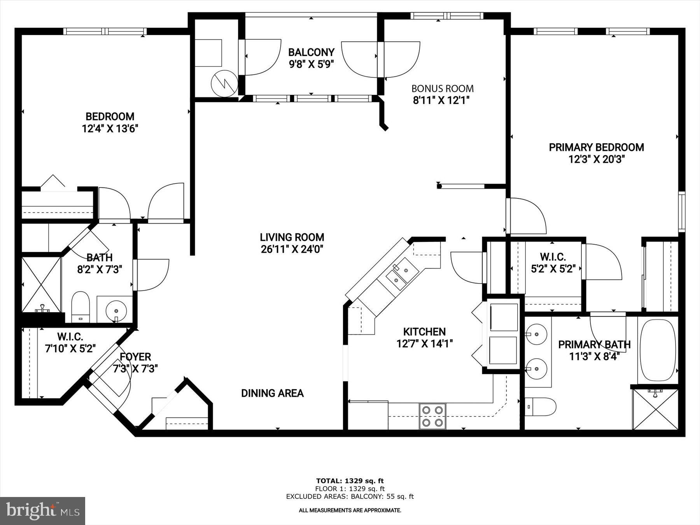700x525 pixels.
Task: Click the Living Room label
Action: tap(292, 237)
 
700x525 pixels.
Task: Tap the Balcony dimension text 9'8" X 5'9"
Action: tap(311, 64)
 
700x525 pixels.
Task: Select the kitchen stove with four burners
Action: tap(432, 416)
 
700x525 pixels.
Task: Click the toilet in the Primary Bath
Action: tap(540, 406)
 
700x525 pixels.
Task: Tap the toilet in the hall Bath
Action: tap(81, 306)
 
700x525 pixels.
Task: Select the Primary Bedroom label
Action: tap(596, 147)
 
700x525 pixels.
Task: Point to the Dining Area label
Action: tap(272, 393)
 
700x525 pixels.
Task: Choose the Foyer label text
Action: tap(135, 357)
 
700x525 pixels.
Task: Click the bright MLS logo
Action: tap(42, 511)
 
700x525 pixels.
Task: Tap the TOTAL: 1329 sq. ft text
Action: tap(350, 481)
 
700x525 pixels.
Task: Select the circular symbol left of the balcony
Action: tap(224, 83)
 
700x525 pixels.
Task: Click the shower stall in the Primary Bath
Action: tap(655, 408)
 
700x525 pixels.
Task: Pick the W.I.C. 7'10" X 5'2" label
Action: tap(70, 343)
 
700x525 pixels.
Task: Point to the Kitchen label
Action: tap(424, 332)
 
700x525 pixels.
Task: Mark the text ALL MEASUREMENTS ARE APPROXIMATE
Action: tap(350, 510)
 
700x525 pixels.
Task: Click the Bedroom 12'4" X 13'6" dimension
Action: tap(110, 129)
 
